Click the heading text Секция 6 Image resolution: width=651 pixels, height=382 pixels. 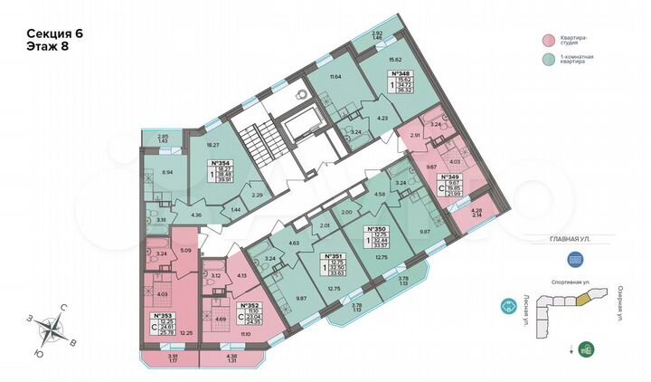pyautogui.click(x=55, y=33)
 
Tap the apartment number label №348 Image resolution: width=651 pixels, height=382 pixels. pyautogui.click(x=399, y=72)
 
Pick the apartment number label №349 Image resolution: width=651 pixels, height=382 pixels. pyautogui.click(x=450, y=177)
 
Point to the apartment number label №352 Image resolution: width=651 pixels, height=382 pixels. pyautogui.click(x=246, y=305)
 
